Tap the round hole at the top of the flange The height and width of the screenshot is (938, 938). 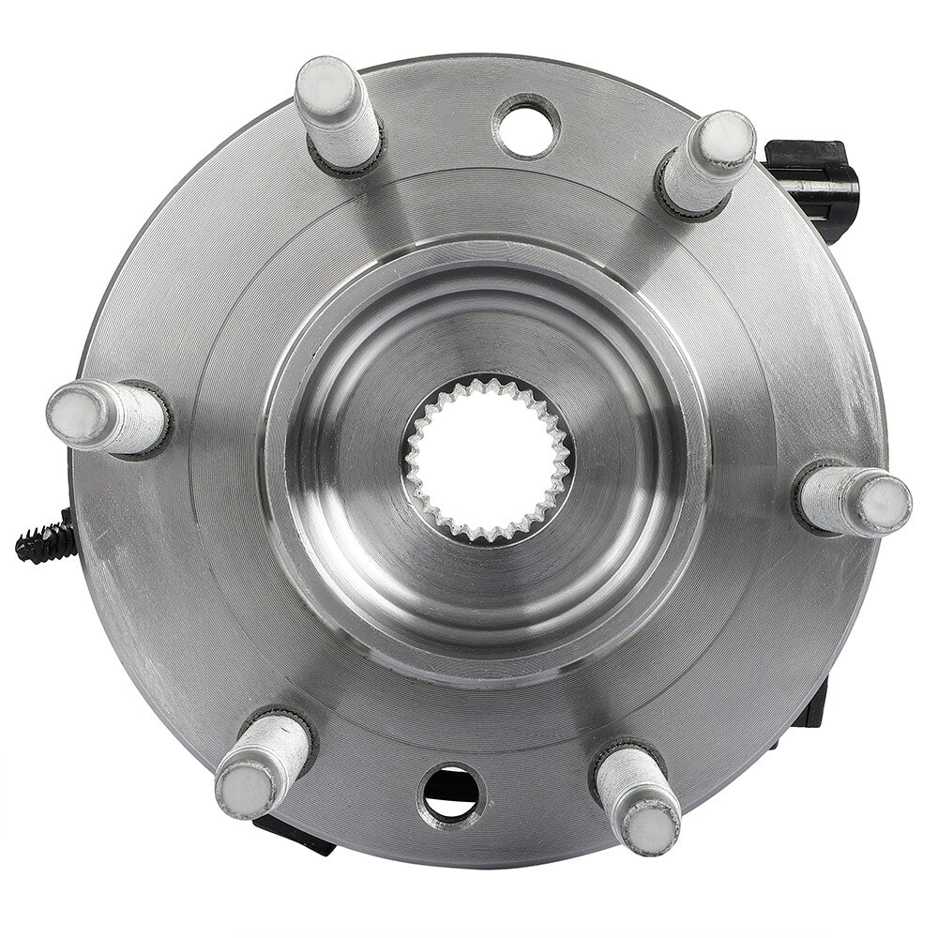click(527, 126)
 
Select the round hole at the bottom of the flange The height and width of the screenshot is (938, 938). click(451, 793)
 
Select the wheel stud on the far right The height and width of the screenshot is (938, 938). click(854, 500)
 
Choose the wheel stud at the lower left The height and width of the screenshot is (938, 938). click(264, 762)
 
